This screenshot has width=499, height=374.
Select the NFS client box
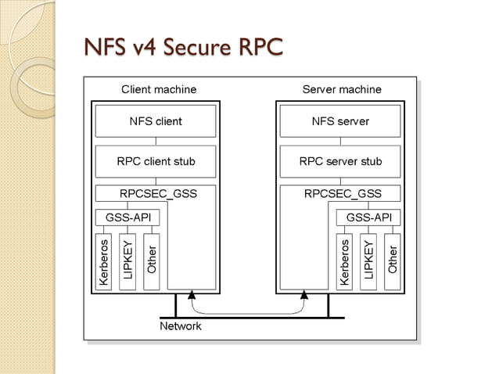[x=156, y=121]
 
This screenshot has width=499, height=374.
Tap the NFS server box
[x=340, y=121]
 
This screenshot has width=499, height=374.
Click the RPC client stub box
[x=156, y=162]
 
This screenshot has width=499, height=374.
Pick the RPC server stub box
[x=340, y=162]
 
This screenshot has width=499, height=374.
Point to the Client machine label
[x=159, y=89]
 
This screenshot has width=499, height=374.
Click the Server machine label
[x=342, y=89]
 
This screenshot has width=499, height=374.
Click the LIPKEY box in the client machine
[x=127, y=261]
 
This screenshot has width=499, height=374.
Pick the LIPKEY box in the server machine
[x=368, y=261]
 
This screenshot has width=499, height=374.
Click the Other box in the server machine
[x=393, y=261]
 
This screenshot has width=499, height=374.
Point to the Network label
[x=180, y=325]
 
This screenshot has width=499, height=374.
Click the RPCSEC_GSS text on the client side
[x=158, y=193]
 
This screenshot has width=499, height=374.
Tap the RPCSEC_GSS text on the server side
[x=343, y=193]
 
